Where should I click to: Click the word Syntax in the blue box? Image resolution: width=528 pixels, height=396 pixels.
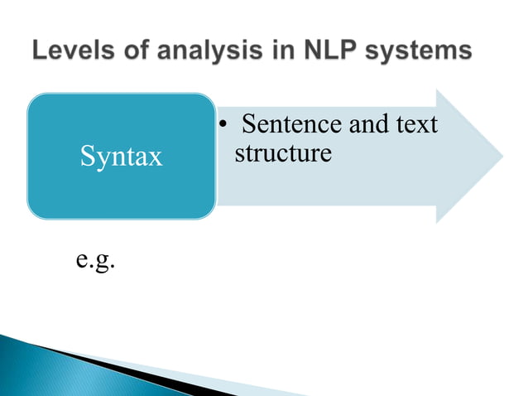click(121, 157)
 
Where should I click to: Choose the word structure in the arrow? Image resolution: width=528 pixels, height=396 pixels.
click(283, 153)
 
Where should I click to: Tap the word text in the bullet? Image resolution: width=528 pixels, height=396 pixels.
click(418, 126)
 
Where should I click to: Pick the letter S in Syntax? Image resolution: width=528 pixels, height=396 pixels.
click(86, 157)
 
